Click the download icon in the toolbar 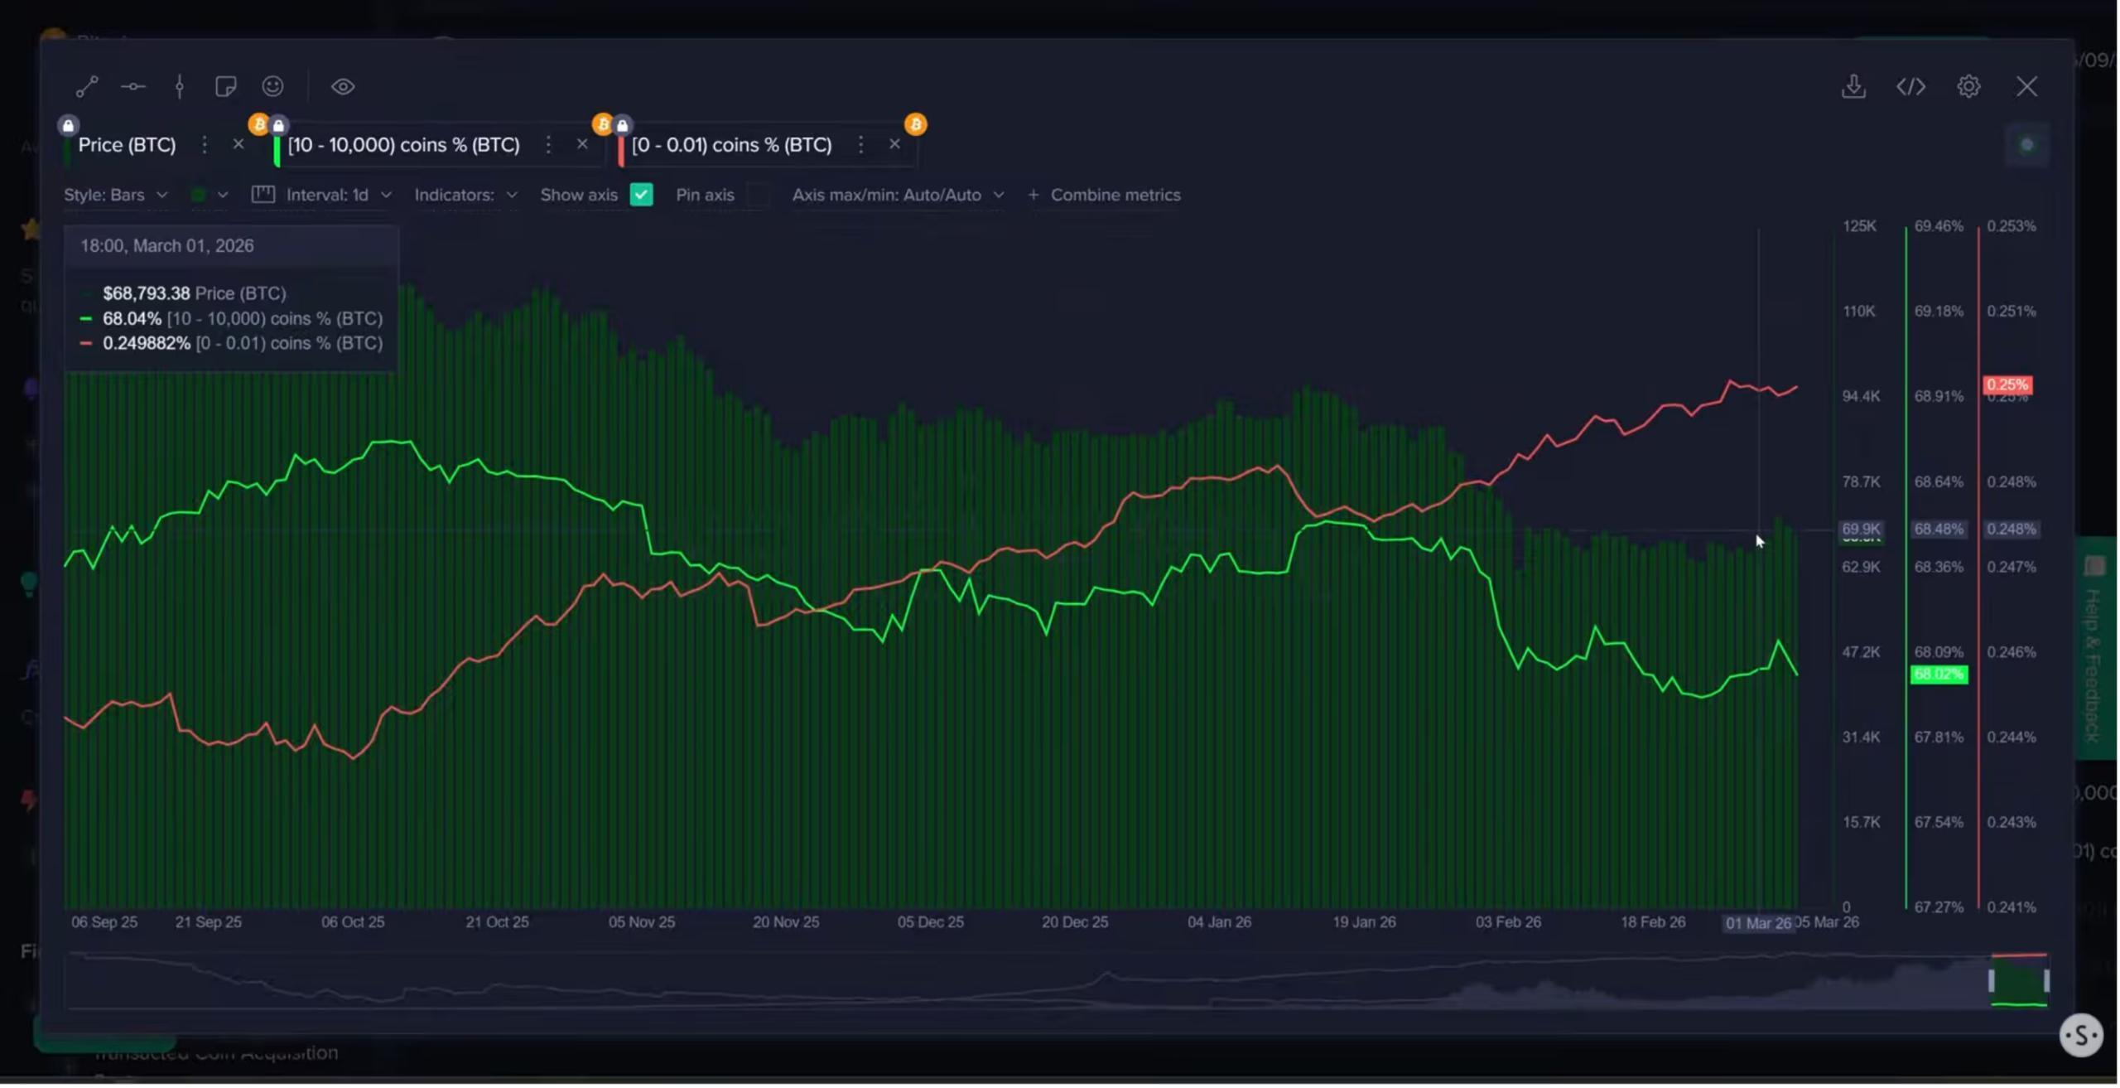(x=1853, y=87)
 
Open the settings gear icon (x=1968, y=87)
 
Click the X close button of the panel (x=2026, y=87)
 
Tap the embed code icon (x=1910, y=87)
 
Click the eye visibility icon (x=343, y=87)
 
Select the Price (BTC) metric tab (x=127, y=145)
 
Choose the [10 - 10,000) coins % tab (x=404, y=145)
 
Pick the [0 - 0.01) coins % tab (x=731, y=145)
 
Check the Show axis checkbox (x=641, y=195)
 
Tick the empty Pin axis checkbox (x=758, y=195)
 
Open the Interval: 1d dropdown (x=327, y=195)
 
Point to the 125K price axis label (x=1859, y=226)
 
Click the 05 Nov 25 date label (x=642, y=922)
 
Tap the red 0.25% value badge (x=2007, y=384)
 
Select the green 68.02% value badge (x=1938, y=675)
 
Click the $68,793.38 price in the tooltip (x=146, y=293)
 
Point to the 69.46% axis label (x=1939, y=226)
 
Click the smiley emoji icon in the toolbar (x=272, y=87)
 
